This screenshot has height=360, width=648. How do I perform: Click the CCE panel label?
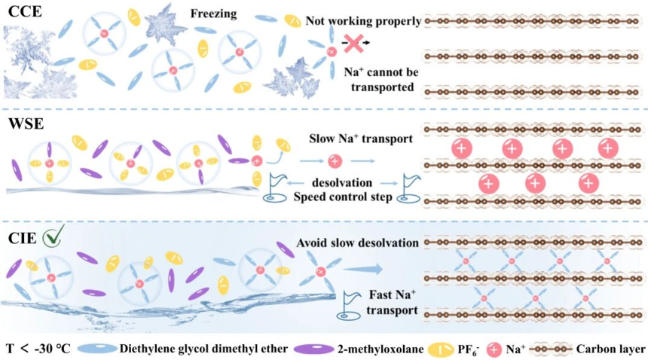point(25,11)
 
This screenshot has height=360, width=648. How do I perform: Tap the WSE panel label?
point(26,123)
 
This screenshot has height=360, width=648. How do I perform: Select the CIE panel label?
point(23,238)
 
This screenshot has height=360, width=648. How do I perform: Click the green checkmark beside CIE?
point(53,236)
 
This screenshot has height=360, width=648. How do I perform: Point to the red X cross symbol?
point(353,43)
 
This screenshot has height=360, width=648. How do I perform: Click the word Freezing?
point(213,14)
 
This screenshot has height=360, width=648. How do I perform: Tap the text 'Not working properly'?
point(363,20)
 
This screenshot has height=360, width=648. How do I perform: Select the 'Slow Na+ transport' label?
point(361,139)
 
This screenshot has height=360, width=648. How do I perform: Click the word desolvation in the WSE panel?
point(342,182)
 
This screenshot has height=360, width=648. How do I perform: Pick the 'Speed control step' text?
point(343,197)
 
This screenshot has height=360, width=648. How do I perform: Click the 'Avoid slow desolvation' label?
point(357,243)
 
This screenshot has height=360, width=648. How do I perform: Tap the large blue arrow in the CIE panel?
point(363,269)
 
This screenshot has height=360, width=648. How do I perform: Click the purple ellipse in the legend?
point(313,349)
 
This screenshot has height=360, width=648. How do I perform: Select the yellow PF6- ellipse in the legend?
point(441,349)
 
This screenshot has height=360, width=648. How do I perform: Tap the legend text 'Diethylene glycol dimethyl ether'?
point(203,349)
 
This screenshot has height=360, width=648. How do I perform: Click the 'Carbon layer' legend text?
point(610,349)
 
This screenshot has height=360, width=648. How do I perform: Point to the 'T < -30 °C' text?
point(38,349)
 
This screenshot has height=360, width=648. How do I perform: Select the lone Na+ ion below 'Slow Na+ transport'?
point(335,161)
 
